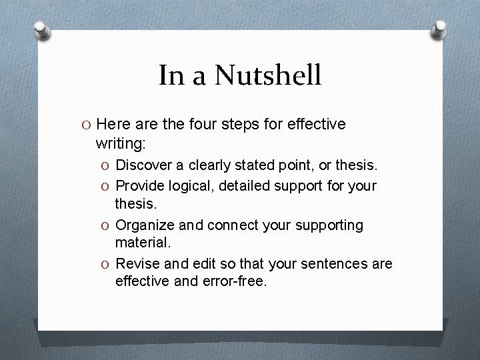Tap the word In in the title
pyautogui.click(x=171, y=75)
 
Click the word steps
pyautogui.click(x=251, y=125)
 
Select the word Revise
pyautogui.click(x=137, y=265)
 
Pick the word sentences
pyautogui.click(x=334, y=265)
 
